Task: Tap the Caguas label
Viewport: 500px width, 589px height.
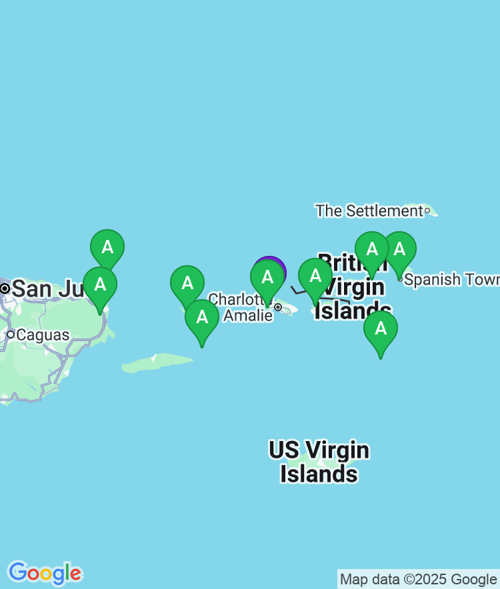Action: coord(43,334)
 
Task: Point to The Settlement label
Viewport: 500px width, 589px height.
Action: coord(369,211)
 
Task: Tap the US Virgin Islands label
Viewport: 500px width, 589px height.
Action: coord(319,462)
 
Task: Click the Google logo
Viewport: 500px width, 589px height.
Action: coord(45,572)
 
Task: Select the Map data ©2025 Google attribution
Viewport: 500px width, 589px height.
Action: coord(418,579)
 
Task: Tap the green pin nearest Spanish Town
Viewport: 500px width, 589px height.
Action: coord(399,251)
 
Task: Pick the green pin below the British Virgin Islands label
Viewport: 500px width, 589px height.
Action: coord(381,329)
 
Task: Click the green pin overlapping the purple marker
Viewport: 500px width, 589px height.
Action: coord(267,278)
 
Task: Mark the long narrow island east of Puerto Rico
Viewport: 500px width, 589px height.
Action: coord(157,363)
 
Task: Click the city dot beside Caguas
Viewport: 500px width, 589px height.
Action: coord(11,334)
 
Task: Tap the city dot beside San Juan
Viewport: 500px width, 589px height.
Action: coord(5,289)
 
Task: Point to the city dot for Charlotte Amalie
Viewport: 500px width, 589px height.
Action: coord(278,307)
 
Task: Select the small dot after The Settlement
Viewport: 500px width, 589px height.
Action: coord(427,211)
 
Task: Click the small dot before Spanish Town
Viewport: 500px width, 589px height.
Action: coord(399,279)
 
